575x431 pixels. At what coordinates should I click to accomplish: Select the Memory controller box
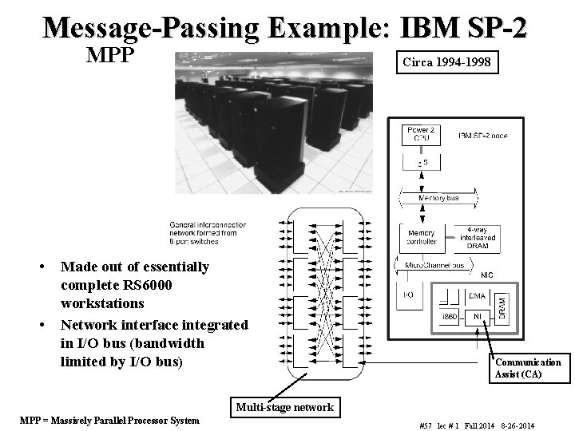coord(421,235)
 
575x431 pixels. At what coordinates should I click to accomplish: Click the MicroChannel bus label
coord(434,263)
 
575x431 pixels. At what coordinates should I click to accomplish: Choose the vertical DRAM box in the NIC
coord(502,306)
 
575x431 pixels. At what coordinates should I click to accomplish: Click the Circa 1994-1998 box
coord(443,61)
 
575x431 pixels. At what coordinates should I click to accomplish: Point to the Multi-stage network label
coord(285,407)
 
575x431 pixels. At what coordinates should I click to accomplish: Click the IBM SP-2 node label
coord(482,135)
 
